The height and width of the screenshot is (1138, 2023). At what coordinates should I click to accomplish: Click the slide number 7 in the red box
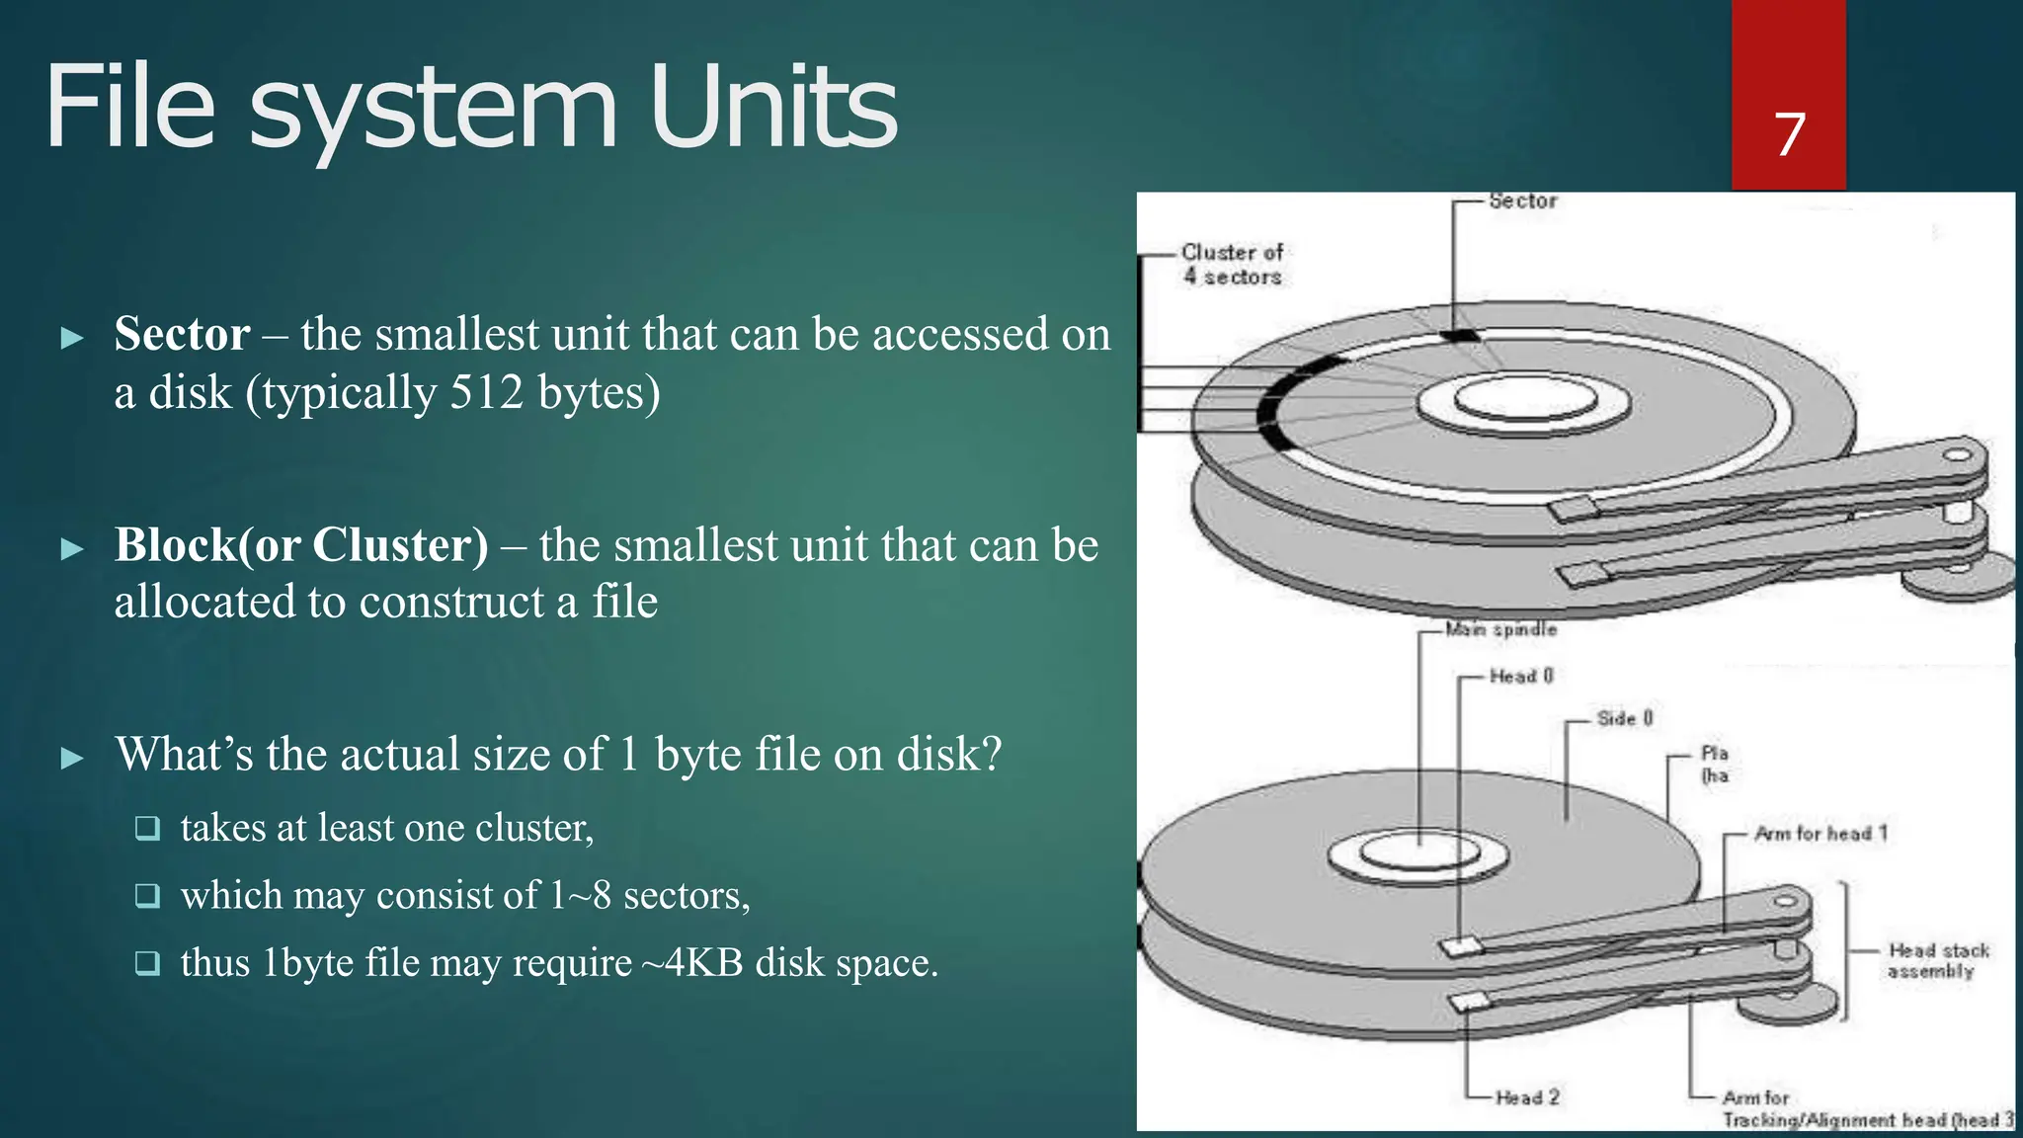tap(1789, 134)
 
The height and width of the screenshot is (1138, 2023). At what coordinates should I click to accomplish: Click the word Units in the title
tap(773, 107)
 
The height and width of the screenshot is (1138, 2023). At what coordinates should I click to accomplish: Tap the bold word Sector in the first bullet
tap(182, 334)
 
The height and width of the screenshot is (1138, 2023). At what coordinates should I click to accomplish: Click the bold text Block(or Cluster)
tap(301, 545)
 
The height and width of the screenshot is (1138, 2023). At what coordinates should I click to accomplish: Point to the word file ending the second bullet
tap(624, 602)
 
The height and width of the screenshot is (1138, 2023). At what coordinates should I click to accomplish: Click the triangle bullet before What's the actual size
tap(72, 758)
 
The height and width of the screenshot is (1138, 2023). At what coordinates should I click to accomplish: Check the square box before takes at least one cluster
tap(147, 828)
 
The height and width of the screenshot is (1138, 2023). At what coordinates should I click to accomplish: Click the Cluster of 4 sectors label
tap(1232, 265)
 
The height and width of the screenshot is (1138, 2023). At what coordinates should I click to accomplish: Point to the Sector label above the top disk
tap(1522, 201)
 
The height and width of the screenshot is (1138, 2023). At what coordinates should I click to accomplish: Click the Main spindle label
tap(1500, 629)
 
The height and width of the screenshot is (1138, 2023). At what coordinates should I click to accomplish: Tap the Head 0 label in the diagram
tap(1521, 676)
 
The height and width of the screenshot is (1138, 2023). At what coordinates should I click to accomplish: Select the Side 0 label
tap(1625, 718)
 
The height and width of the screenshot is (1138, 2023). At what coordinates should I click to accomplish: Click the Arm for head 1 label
tap(1820, 833)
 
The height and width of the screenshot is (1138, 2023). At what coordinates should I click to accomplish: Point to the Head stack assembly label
tap(1937, 960)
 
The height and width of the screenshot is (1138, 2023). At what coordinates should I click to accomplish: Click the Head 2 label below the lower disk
tap(1527, 1097)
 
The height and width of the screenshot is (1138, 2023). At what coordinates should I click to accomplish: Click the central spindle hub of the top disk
tap(1524, 401)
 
